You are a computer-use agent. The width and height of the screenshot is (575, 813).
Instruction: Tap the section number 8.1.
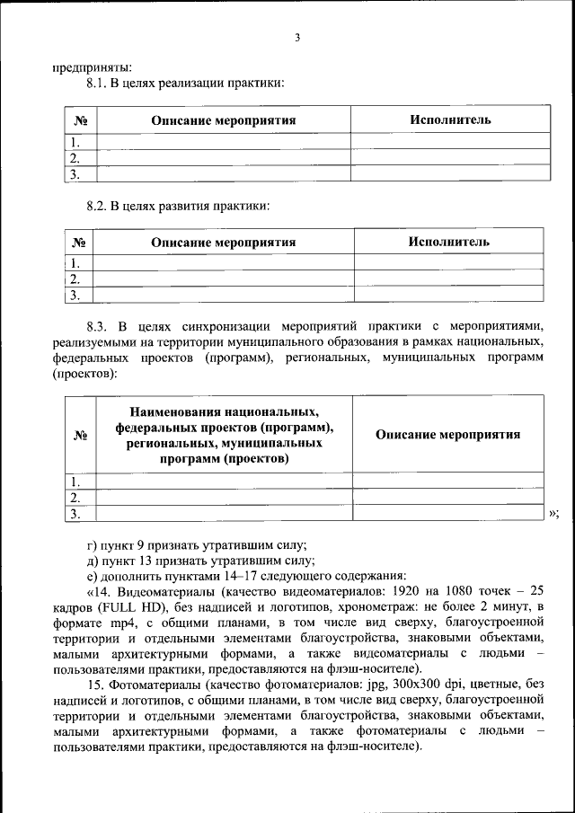97,84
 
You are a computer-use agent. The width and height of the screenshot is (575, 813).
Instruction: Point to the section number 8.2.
97,206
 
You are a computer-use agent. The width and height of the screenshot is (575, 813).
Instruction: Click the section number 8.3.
97,325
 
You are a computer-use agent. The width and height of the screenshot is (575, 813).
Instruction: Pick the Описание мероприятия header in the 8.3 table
447,434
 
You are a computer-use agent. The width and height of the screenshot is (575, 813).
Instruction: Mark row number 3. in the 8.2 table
75,294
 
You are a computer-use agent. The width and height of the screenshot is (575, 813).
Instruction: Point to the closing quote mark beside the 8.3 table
553,513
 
